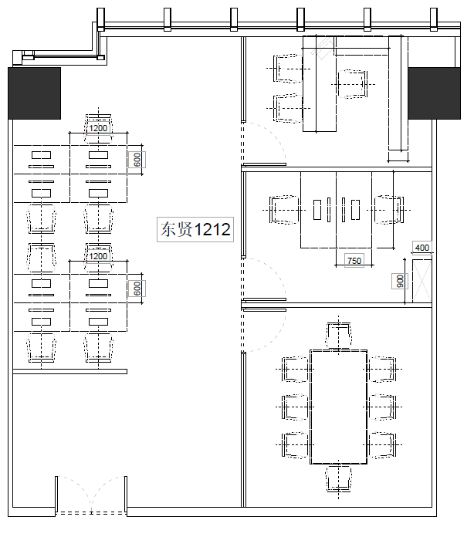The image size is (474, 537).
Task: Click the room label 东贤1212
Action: [195, 229]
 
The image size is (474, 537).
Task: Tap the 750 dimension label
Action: [354, 261]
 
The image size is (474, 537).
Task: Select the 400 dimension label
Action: [422, 247]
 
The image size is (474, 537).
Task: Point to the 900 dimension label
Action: [400, 281]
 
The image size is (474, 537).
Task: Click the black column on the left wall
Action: [34, 93]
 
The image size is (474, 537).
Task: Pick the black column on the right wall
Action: [434, 93]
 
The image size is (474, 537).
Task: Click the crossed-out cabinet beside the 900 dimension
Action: [422, 281]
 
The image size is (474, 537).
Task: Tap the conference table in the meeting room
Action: [339, 407]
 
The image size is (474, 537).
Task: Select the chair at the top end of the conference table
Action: [339, 336]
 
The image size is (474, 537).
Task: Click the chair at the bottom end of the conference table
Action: [339, 478]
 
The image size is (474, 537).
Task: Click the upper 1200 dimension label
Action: [98, 128]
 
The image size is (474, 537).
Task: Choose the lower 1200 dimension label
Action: [98, 256]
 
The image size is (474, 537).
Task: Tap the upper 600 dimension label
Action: [137, 160]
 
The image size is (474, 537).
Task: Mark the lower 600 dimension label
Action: [137, 289]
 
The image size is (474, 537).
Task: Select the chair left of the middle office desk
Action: [284, 210]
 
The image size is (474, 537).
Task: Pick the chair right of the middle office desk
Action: [388, 210]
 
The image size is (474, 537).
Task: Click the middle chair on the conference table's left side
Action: [295, 407]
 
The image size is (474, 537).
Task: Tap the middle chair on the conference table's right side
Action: [382, 407]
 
